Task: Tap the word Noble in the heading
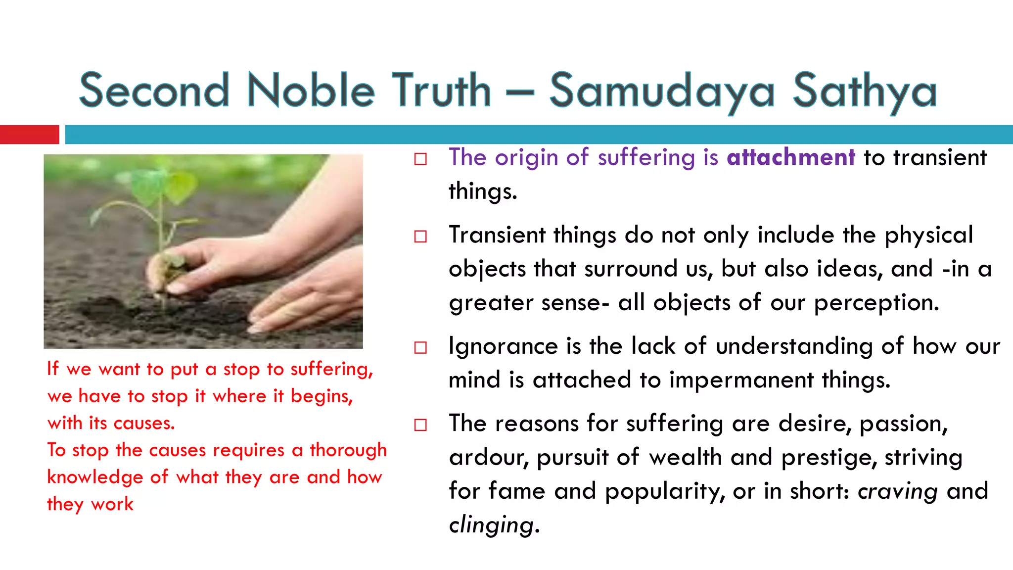[311, 91]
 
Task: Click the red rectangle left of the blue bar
[29, 135]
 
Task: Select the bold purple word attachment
[790, 157]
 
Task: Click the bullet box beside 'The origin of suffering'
[420, 159]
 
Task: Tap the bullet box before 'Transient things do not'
[420, 237]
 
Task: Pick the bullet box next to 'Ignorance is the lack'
[420, 348]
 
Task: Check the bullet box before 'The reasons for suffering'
[420, 425]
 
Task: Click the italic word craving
[897, 491]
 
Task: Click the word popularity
[664, 491]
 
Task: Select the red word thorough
[348, 451]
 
